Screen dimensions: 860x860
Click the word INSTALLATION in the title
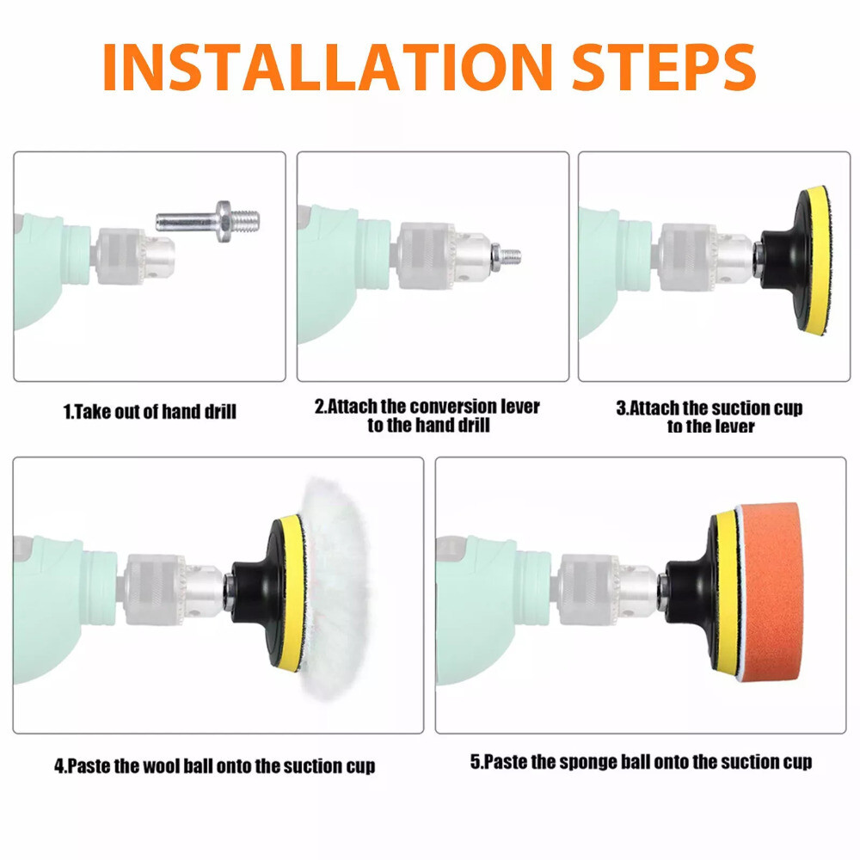click(x=328, y=66)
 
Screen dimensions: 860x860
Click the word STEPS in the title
click(x=664, y=66)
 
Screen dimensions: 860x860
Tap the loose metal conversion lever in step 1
click(x=208, y=222)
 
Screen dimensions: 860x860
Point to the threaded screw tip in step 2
click(x=511, y=255)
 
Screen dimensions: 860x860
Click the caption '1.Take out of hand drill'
click(x=150, y=411)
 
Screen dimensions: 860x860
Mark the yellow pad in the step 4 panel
click(x=292, y=593)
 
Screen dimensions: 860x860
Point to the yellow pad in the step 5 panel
click(x=727, y=593)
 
